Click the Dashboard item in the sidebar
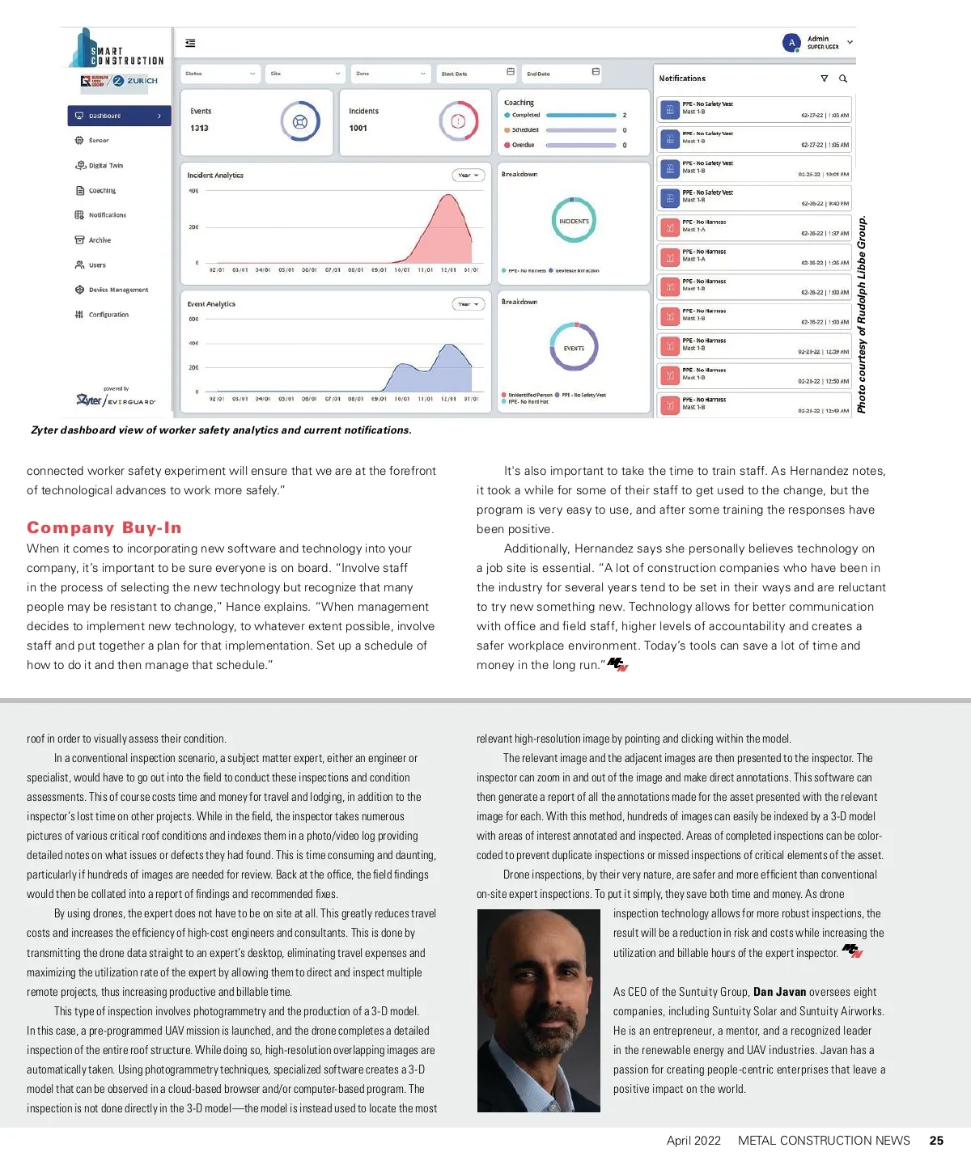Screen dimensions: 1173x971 (119, 116)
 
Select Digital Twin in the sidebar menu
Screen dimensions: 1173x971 (105, 166)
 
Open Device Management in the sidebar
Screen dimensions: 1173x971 (118, 290)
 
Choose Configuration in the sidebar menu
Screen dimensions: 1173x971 (108, 315)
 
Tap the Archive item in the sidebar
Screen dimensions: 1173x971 (100, 240)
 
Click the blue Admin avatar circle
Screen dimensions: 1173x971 (791, 43)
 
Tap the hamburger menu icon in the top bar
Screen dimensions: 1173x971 (190, 44)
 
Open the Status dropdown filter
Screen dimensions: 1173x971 (220, 74)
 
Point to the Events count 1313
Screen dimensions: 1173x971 (199, 129)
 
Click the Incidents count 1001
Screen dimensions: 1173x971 (358, 129)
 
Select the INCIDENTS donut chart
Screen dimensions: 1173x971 (574, 221)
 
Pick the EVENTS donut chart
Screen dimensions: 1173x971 (574, 348)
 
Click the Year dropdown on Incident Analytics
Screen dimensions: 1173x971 (468, 176)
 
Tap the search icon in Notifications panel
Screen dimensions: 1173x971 (843, 78)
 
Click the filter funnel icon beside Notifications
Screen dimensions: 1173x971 (824, 78)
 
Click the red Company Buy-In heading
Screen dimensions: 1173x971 (104, 527)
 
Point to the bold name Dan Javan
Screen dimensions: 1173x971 (779, 992)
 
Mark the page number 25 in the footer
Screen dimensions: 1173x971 (936, 1141)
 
